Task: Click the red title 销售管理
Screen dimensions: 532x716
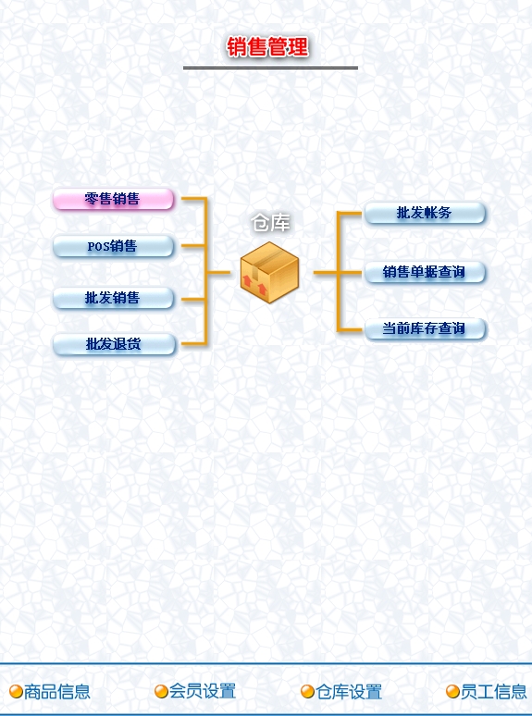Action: click(267, 47)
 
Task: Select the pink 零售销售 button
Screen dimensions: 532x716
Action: click(113, 199)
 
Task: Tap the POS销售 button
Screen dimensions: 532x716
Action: click(113, 247)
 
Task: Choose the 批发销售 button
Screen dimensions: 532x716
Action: click(113, 298)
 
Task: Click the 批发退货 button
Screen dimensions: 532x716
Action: click(114, 344)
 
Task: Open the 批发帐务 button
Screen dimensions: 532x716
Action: click(425, 213)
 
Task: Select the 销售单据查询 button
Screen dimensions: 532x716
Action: click(425, 272)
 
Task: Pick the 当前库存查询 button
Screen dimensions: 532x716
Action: click(426, 328)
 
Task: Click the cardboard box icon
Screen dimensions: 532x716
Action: click(269, 272)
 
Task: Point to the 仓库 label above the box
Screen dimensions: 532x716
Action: click(270, 223)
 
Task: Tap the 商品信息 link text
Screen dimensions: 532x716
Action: click(57, 691)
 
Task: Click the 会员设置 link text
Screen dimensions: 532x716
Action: click(203, 691)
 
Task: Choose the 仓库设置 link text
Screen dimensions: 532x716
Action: click(349, 692)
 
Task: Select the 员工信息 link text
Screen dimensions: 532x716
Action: click(494, 691)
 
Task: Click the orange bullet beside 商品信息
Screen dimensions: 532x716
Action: click(16, 691)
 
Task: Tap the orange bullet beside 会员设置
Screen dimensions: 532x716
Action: click(161, 691)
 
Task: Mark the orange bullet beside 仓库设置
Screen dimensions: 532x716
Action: click(307, 691)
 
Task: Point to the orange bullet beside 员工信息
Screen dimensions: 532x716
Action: click(452, 691)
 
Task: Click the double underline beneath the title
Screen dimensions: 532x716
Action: click(270, 68)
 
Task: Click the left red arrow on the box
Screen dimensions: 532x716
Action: click(248, 281)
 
